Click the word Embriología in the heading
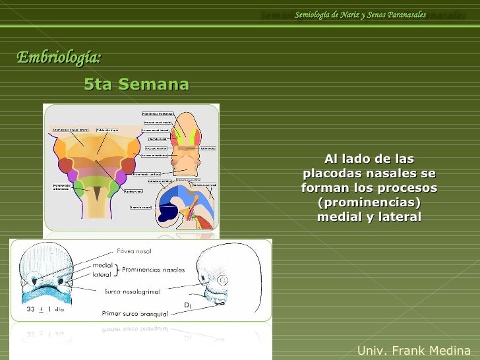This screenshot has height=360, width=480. point(58,58)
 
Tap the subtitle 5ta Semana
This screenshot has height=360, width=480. point(136,84)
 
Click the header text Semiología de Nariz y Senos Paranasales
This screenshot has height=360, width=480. point(360,15)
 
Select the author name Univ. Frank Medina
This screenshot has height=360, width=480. point(413,350)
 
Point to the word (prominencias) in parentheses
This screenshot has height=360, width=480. point(369,202)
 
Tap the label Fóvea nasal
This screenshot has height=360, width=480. point(134,251)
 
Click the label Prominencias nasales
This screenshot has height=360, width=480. point(153,270)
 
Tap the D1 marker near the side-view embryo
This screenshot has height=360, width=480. point(188,304)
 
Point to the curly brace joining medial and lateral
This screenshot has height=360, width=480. point(116,270)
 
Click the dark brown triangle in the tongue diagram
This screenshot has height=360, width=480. point(97,192)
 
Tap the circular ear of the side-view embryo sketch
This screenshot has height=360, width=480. point(222,280)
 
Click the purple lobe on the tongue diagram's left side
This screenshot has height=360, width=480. point(73,175)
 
